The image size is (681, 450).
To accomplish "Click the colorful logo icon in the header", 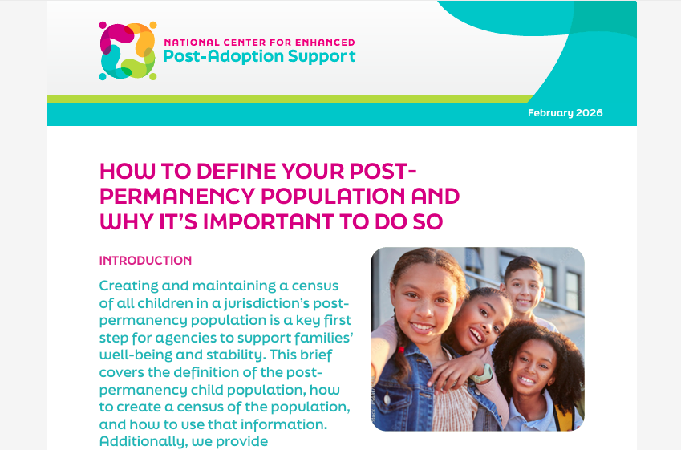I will point(128,51).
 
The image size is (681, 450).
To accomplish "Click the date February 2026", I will point(565,113).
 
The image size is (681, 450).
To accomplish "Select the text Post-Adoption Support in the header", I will point(259,57).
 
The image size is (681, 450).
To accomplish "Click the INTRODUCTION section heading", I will point(145,261).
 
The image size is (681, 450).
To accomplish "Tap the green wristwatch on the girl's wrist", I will point(481,374).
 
